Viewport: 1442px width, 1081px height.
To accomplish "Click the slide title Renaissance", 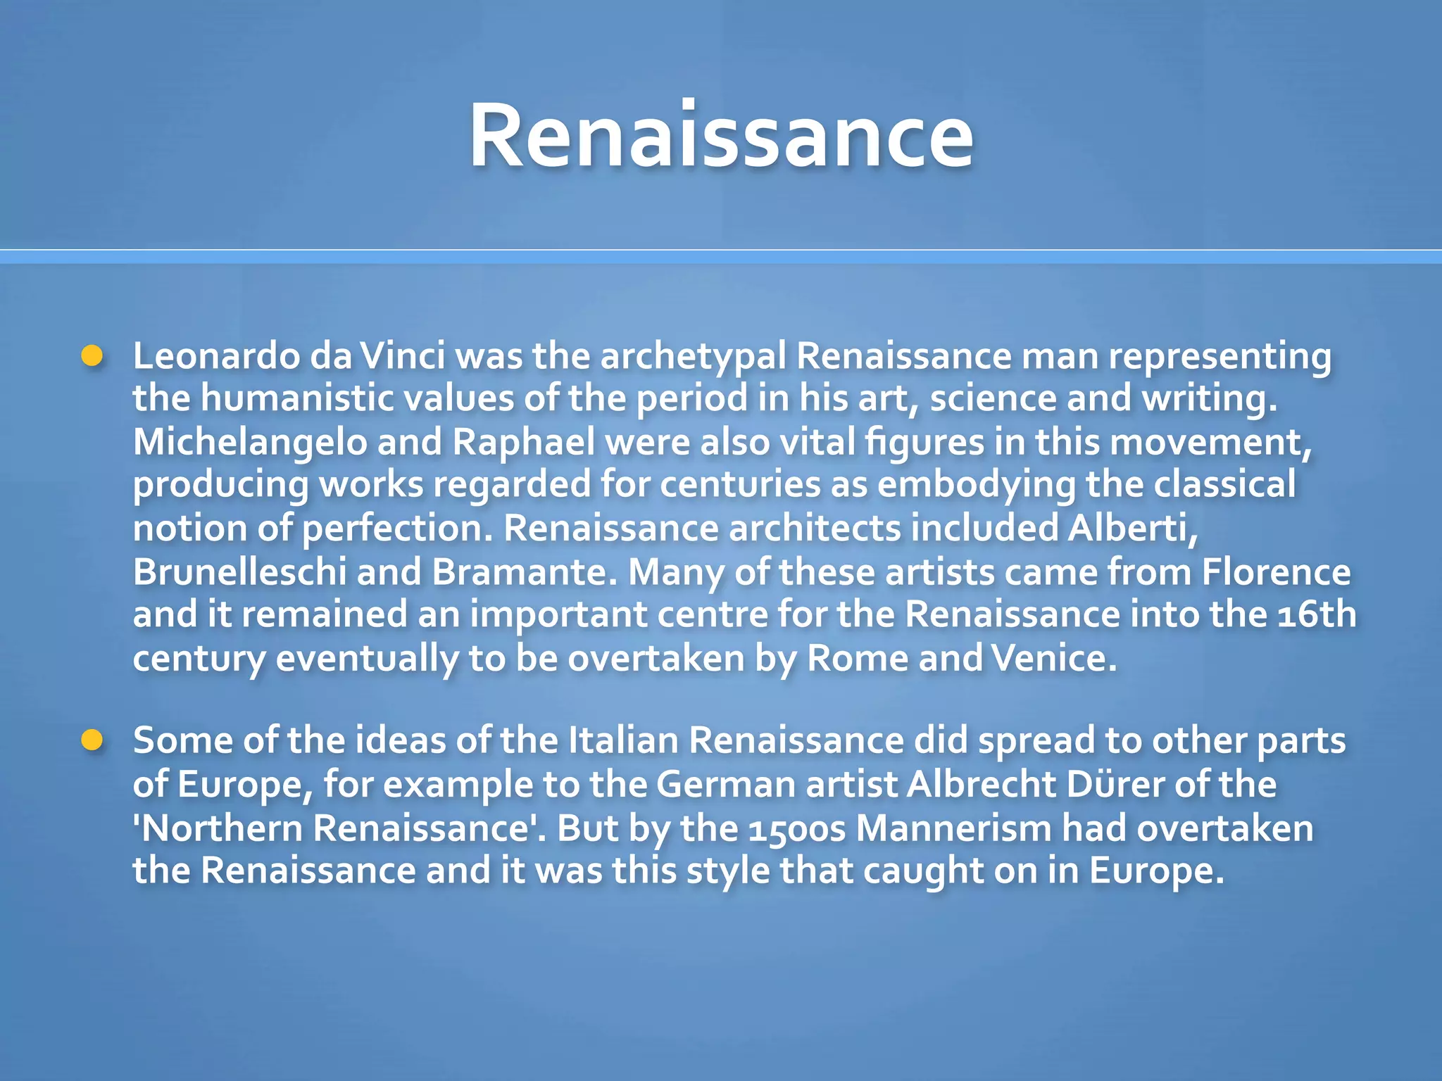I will (x=721, y=135).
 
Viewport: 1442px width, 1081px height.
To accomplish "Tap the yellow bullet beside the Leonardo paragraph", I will (x=92, y=356).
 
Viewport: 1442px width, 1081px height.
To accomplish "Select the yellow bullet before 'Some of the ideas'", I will (x=92, y=740).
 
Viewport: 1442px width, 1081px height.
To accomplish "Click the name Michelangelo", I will (x=250, y=443).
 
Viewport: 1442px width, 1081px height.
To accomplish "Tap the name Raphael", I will (x=524, y=443).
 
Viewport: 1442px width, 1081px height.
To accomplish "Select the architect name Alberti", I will (x=1131, y=529).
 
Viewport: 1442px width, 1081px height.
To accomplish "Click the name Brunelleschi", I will (x=239, y=572).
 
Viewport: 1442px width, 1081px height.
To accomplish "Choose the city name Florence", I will (x=1276, y=572).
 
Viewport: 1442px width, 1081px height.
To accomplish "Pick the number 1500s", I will (x=796, y=829).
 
